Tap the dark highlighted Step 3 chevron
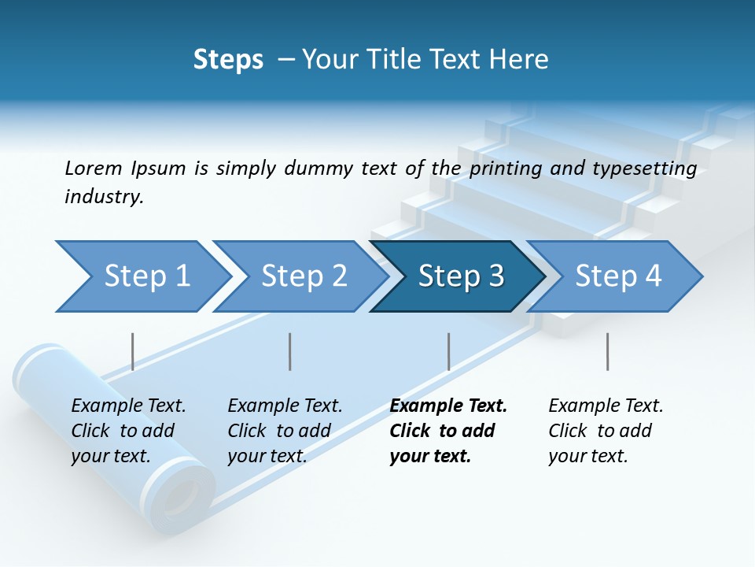[460, 276]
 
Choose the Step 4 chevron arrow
[617, 276]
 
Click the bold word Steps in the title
[228, 60]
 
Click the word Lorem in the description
[93, 168]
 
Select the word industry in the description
[104, 197]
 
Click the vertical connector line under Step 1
[133, 351]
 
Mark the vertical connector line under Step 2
[290, 351]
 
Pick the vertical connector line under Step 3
[449, 351]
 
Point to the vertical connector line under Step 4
[607, 351]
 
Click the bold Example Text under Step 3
[448, 406]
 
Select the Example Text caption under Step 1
[128, 406]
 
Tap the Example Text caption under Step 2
[285, 406]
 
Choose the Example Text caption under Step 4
[606, 406]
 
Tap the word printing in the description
[505, 168]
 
